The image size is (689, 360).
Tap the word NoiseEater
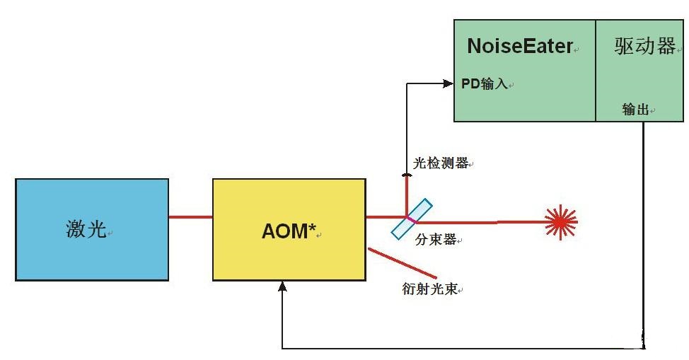coord(519,47)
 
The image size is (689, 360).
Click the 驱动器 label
coord(644,47)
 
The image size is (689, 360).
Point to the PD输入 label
coord(485,84)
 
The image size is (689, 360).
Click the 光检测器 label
coord(440,163)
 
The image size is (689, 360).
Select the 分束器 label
coord(435,240)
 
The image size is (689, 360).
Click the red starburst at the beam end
coord(562,223)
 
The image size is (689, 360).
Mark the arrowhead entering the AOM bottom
coord(282,286)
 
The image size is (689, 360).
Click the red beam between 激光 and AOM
coord(190,216)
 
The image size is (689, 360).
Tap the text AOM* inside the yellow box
coord(289,231)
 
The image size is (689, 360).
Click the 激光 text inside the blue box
coord(86,230)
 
